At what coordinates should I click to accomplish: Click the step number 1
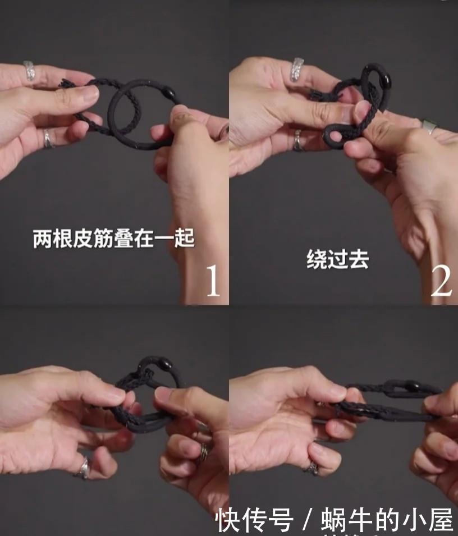pyautogui.click(x=212, y=281)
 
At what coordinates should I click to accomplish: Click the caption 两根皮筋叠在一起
pyautogui.click(x=113, y=238)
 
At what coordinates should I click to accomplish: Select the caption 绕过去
pyautogui.click(x=337, y=259)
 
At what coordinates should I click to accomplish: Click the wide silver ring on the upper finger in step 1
pyautogui.click(x=30, y=71)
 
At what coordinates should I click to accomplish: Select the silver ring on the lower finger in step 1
pyautogui.click(x=49, y=138)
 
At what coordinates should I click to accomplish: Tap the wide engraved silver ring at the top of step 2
pyautogui.click(x=297, y=69)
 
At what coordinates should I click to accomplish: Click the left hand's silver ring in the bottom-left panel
pyautogui.click(x=84, y=467)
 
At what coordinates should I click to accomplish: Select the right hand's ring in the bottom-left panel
pyautogui.click(x=205, y=451)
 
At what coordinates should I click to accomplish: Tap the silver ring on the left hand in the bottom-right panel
pyautogui.click(x=312, y=466)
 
